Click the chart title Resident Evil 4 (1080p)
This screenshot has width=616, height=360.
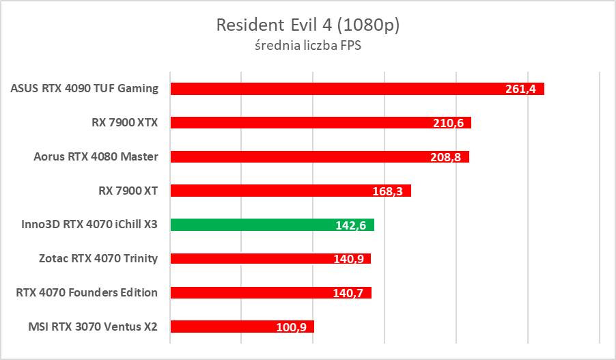[307, 25]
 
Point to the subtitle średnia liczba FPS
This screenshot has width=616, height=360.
[307, 46]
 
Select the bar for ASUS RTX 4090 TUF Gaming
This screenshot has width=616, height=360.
[356, 89]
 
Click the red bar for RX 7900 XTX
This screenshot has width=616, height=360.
[320, 123]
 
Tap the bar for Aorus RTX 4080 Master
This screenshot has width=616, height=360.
[319, 157]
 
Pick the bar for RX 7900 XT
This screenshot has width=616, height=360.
[290, 191]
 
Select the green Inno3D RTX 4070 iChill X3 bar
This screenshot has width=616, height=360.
[272, 225]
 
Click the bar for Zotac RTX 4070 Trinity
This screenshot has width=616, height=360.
[270, 259]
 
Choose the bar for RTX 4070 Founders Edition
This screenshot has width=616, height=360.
[270, 293]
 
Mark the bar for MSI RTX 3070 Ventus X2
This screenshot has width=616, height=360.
[242, 327]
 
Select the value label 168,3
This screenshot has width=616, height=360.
[388, 191]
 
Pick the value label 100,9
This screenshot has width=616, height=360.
[291, 327]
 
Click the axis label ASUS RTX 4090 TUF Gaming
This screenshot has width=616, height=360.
[85, 88]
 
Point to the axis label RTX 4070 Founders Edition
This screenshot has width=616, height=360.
[87, 292]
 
